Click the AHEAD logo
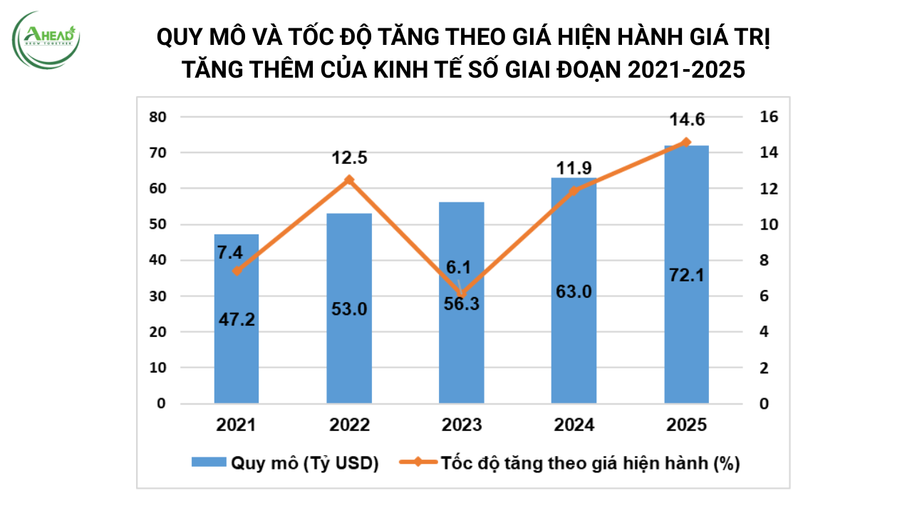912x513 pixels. pos(47,39)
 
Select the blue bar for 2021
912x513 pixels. pos(237,356)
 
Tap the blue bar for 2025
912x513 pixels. pos(686,342)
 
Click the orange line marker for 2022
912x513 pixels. pos(349,180)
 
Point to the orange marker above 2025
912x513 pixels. pos(686,142)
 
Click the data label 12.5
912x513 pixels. pos(349,157)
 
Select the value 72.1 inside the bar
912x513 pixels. pos(686,274)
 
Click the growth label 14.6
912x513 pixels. pos(686,119)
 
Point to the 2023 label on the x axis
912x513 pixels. pos(461,425)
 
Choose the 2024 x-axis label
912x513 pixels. pos(574,425)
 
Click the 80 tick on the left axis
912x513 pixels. pos(157,117)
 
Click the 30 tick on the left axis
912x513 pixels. pos(157,296)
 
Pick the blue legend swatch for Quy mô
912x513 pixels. pos(208,463)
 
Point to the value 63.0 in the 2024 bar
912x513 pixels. pos(574,291)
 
